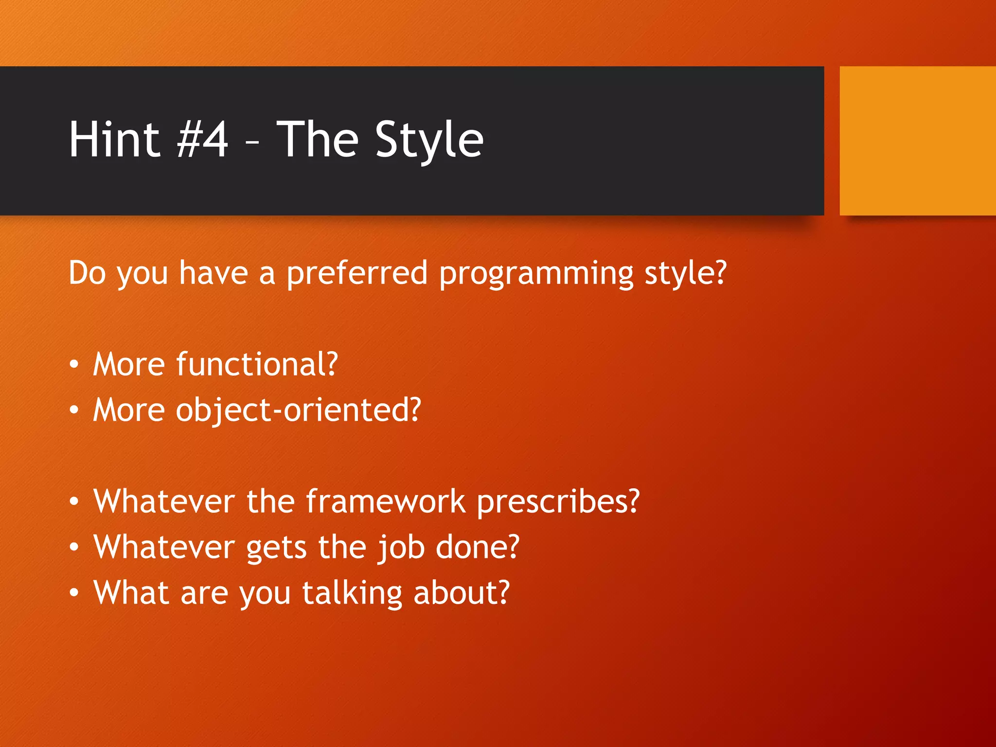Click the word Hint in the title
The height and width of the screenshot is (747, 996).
tap(114, 140)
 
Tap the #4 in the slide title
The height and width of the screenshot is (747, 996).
tap(202, 140)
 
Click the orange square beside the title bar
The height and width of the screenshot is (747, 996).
tap(917, 141)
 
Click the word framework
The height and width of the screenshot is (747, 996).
tap(385, 501)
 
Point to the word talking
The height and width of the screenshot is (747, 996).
tap(352, 593)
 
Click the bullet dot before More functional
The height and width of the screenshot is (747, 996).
tap(73, 365)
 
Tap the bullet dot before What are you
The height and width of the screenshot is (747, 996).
tap(73, 593)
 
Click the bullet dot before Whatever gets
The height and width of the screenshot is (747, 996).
tap(73, 547)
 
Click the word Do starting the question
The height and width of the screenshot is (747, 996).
tap(87, 273)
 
